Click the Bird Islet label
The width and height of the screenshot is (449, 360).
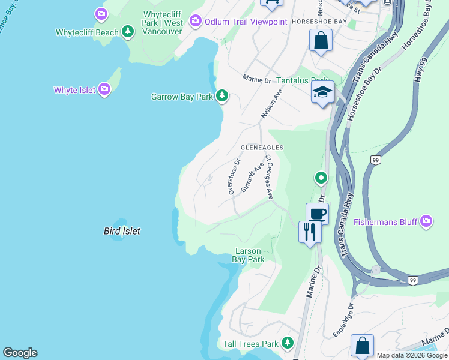pyautogui.click(x=122, y=231)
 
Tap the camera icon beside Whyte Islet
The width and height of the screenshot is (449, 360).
pyautogui.click(x=105, y=90)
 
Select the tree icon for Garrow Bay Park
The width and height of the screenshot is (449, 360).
pyautogui.click(x=222, y=96)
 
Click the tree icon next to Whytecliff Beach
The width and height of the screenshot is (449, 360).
pyautogui.click(x=127, y=31)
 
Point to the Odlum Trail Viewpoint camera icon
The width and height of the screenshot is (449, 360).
pyautogui.click(x=195, y=22)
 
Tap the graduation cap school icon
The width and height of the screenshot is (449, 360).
pyautogui.click(x=322, y=92)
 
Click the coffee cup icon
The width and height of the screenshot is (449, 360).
pyautogui.click(x=317, y=213)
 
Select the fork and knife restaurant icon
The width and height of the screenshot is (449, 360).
pyautogui.click(x=309, y=231)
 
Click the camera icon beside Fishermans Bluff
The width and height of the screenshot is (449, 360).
pyautogui.click(x=426, y=222)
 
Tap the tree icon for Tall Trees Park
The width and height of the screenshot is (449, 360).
pyautogui.click(x=288, y=343)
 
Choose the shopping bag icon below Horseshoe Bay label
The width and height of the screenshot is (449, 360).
pyautogui.click(x=321, y=41)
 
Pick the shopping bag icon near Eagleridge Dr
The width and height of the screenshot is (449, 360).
pyautogui.click(x=362, y=346)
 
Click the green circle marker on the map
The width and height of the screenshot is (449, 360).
pyautogui.click(x=321, y=178)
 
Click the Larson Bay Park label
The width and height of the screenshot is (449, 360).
pyautogui.click(x=248, y=256)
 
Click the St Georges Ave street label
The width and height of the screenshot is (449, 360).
pyautogui.click(x=270, y=178)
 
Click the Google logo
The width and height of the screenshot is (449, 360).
pyautogui.click(x=20, y=353)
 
